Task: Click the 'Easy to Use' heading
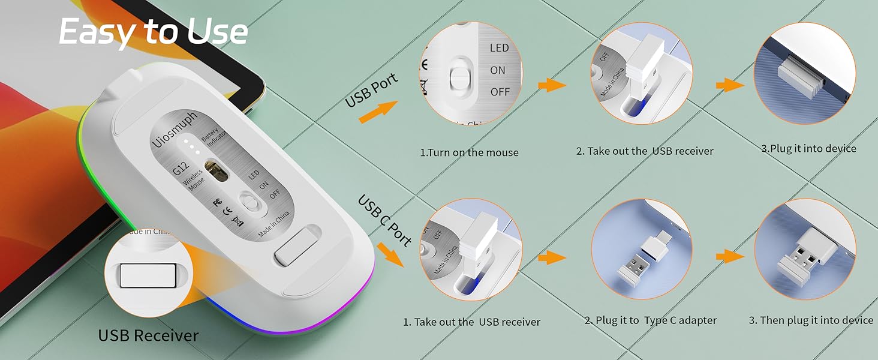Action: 153,31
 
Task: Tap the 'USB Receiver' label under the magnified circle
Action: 148,335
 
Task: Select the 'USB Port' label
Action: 371,91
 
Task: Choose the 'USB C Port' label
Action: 384,220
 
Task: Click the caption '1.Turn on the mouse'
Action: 469,152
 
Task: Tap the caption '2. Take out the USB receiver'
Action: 645,151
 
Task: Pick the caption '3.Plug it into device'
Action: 808,148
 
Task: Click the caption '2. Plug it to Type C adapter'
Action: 651,320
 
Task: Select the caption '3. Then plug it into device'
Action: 811,320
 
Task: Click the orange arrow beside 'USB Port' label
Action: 378,112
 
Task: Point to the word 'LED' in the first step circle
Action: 499,48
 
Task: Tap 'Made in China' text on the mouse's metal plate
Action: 274,224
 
